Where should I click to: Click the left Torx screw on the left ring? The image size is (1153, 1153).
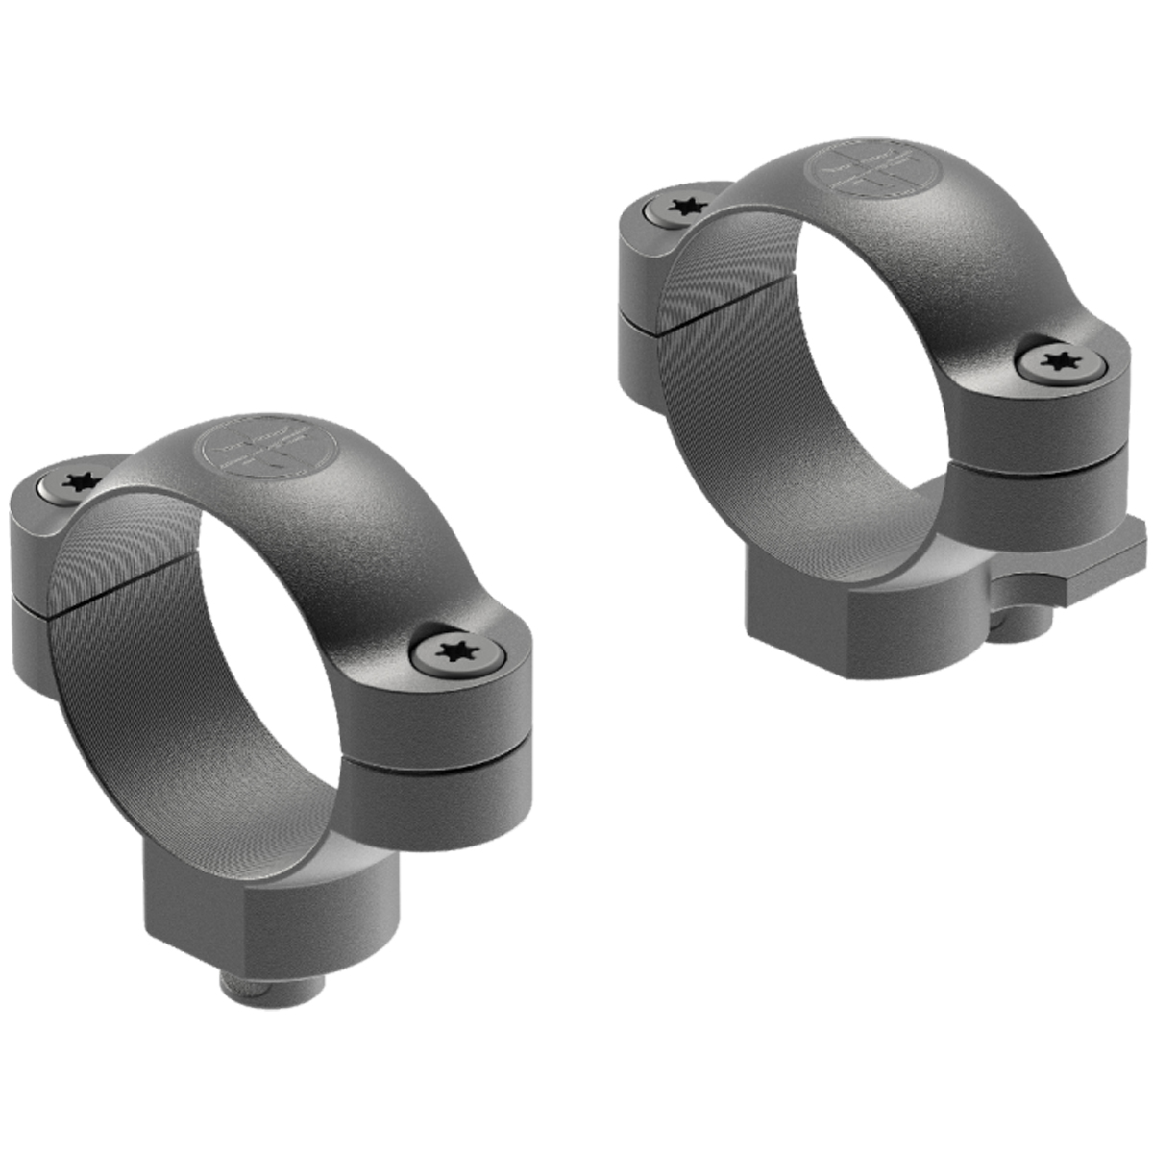pyautogui.click(x=74, y=484)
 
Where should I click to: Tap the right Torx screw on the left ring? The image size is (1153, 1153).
pyautogui.click(x=456, y=652)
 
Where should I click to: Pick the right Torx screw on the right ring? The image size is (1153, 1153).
pyautogui.click(x=1059, y=363)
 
